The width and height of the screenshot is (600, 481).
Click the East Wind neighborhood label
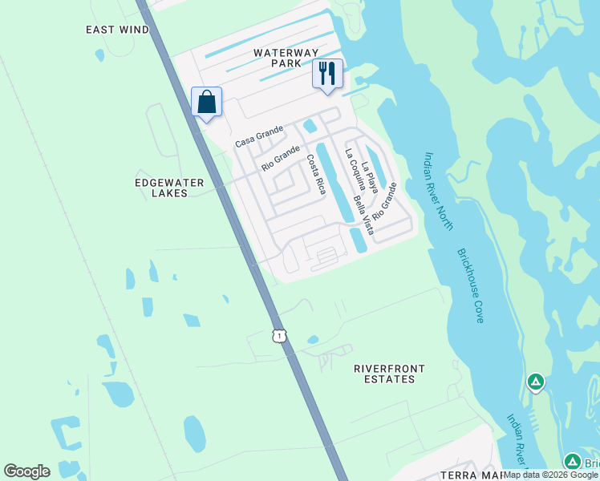(117, 30)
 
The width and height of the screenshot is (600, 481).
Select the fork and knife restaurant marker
(327, 75)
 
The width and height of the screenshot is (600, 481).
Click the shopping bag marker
(206, 103)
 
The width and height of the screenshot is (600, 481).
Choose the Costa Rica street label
(315, 175)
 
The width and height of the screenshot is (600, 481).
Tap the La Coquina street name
(355, 171)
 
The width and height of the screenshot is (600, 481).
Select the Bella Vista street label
(363, 213)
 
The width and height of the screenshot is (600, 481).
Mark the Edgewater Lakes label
(169, 188)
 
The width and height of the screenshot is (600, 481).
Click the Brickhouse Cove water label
(470, 285)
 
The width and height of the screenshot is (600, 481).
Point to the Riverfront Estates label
(390, 374)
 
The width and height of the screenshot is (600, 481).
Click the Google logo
(26, 471)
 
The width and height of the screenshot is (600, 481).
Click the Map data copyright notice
(551, 475)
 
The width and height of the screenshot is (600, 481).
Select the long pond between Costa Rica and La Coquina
(335, 183)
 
